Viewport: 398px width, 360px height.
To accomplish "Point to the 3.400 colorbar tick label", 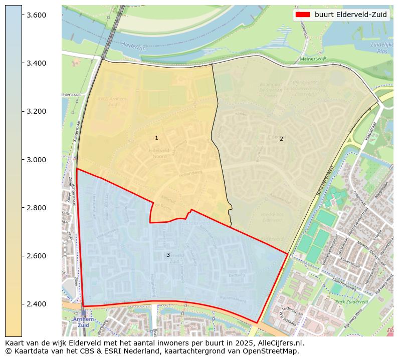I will [36, 63].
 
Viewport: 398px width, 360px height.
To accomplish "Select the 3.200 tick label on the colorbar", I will [36, 111].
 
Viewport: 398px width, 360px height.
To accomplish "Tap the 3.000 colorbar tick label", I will [36, 160].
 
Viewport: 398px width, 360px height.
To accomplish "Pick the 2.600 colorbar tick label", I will [36, 256].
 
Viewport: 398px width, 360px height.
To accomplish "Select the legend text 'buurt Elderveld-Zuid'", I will [350, 15].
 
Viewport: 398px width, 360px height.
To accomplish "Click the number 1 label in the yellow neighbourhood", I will [156, 138].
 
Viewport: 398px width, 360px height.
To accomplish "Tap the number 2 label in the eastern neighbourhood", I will [281, 139].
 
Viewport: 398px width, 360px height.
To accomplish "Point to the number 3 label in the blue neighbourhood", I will [168, 255].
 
